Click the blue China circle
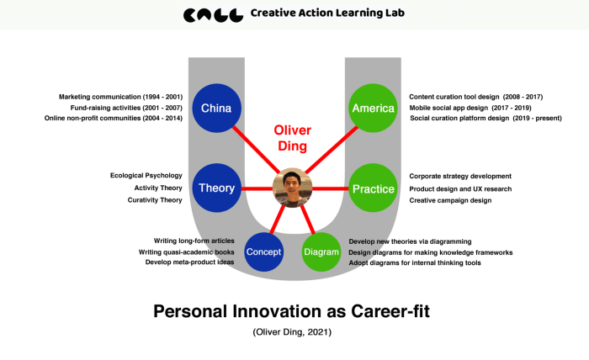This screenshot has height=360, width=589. [217, 109]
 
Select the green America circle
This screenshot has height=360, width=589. [373, 109]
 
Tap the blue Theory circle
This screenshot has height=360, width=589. [217, 188]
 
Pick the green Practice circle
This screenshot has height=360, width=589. [373, 188]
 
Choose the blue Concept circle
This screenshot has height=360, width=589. [263, 251]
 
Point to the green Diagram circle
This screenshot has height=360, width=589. [321, 251]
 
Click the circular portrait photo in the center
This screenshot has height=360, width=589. [292, 188]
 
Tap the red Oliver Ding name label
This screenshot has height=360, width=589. [292, 138]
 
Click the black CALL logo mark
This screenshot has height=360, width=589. [213, 15]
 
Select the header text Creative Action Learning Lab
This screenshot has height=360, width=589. [327, 13]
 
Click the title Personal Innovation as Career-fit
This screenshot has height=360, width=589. [291, 311]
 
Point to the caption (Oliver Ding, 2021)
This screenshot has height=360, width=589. [292, 332]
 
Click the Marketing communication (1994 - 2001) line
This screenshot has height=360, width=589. [120, 97]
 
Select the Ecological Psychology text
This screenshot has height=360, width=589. [146, 175]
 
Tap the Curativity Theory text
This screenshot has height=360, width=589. [155, 200]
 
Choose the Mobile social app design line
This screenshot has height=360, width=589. [470, 108]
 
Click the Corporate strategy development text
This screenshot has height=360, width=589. [460, 176]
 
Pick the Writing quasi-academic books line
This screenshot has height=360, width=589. [186, 252]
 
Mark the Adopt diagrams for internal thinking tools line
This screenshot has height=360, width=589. [415, 262]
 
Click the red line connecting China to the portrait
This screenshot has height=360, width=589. [256, 150]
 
